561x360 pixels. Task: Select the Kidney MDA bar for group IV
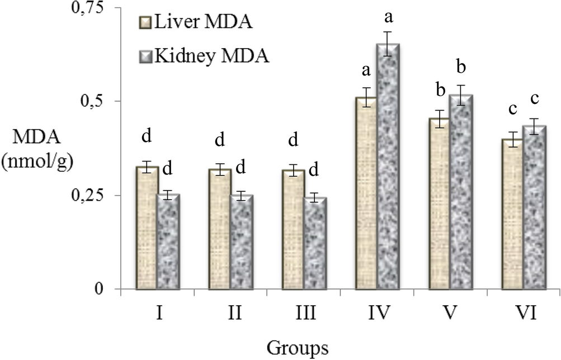(x=388, y=168)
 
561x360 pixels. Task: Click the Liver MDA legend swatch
(x=144, y=23)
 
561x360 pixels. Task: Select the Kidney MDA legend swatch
(x=144, y=56)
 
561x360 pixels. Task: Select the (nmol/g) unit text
(x=37, y=162)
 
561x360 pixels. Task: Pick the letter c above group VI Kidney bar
(x=535, y=99)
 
